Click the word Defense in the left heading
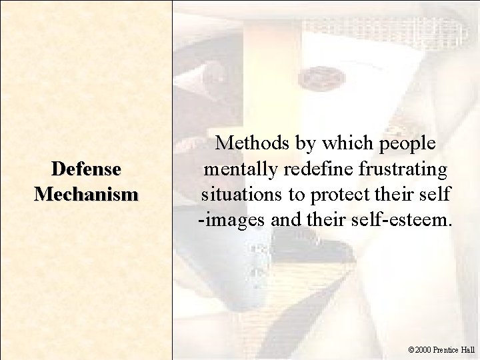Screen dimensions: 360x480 87,169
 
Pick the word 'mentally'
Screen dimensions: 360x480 236,170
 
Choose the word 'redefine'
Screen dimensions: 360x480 310,169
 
